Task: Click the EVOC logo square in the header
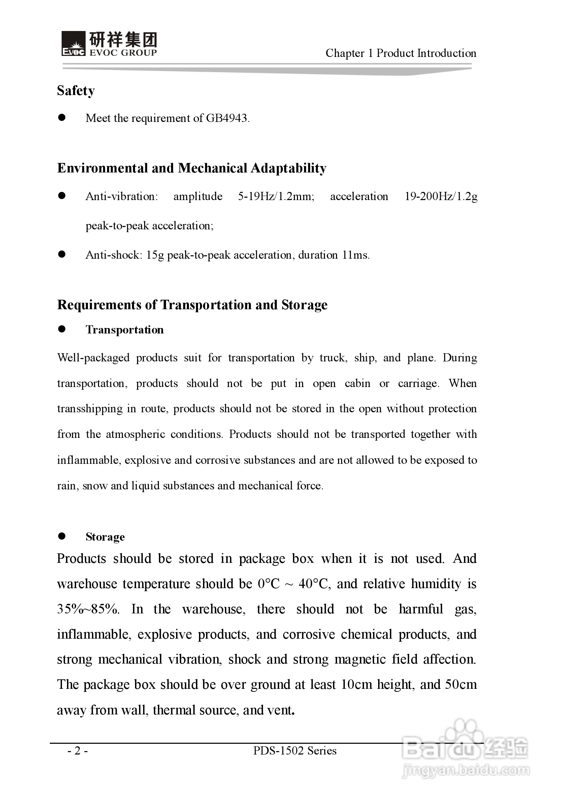pos(73,43)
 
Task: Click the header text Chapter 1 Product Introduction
pos(401,53)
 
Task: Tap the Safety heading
pos(76,91)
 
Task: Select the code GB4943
pos(227,118)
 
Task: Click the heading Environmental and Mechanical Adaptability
pos(192,168)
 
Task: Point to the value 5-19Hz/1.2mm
pos(276,196)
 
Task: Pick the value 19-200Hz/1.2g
pos(441,196)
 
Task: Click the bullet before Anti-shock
pos(62,255)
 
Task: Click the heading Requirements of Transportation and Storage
pos(192,304)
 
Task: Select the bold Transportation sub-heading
pos(125,330)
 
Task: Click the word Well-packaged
pos(93,358)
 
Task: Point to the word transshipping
pos(90,409)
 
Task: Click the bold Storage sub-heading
pos(105,537)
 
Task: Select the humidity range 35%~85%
pos(88,609)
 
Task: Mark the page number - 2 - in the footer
pos(77,751)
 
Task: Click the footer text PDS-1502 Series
pos(295,751)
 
